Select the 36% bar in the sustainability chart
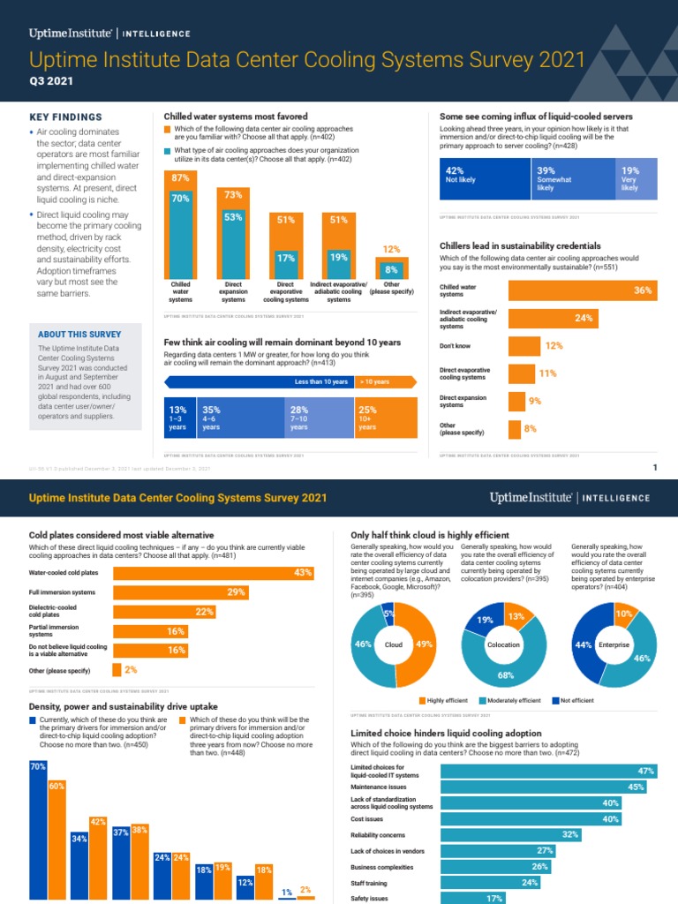tap(584, 290)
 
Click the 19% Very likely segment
tap(638, 178)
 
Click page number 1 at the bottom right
tap(654, 468)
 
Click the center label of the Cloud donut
tap(393, 645)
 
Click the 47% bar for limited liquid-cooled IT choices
tap(548, 771)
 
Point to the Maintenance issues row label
tap(379, 787)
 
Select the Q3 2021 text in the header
tap(51, 80)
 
